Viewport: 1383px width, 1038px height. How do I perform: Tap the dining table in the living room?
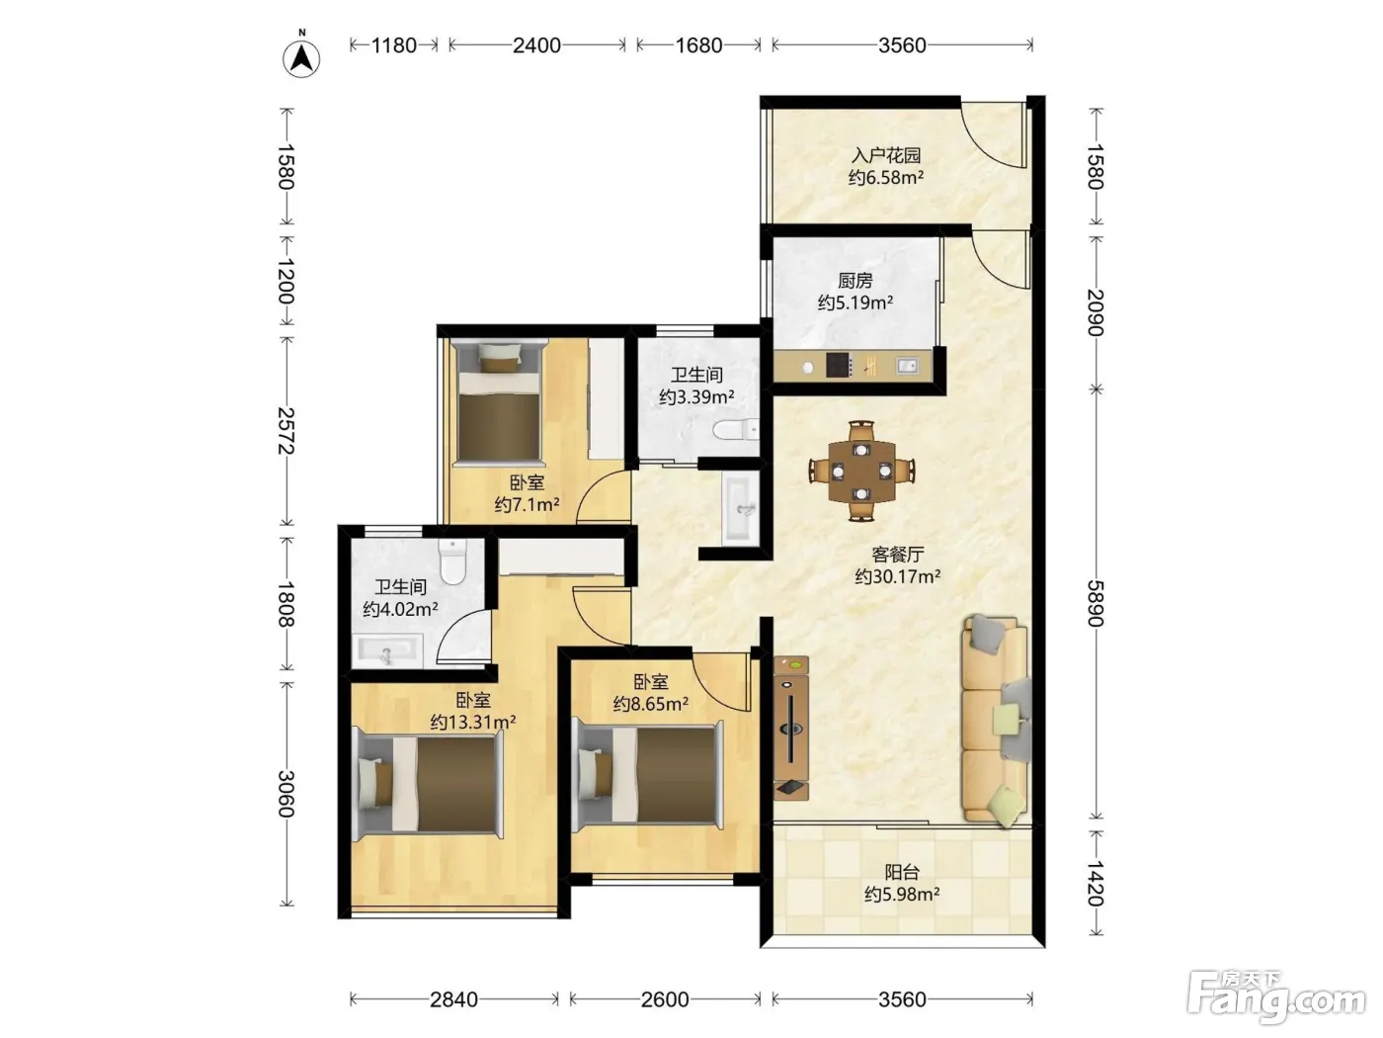tap(861, 471)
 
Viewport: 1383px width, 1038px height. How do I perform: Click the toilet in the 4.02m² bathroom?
tap(452, 562)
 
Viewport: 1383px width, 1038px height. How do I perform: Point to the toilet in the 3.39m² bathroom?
tap(736, 430)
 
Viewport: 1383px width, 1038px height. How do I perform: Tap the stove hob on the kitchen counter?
tap(840, 365)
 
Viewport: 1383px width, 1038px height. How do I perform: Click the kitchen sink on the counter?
tap(907, 365)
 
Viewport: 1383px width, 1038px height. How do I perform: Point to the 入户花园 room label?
tap(886, 155)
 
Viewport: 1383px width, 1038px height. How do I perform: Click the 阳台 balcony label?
tap(902, 872)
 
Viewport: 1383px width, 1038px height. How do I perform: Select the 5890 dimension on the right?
tap(1096, 603)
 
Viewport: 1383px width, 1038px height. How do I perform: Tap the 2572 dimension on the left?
tap(286, 430)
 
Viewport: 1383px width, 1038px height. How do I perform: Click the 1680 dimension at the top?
tap(698, 45)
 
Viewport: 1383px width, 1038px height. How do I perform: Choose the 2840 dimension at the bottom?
tap(453, 999)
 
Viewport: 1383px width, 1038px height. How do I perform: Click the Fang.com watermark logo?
tap(1276, 995)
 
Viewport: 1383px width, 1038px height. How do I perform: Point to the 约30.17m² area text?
tap(897, 576)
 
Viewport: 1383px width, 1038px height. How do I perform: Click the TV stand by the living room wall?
tap(791, 729)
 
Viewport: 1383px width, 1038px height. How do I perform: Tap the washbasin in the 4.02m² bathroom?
tap(389, 651)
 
